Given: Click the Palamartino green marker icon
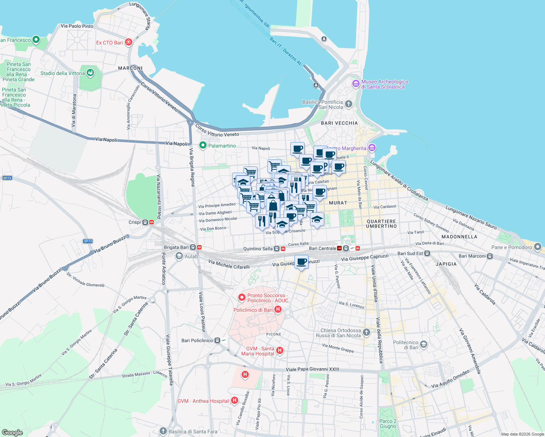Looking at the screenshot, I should click(x=203, y=146).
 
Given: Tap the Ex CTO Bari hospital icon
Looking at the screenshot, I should click(x=128, y=43).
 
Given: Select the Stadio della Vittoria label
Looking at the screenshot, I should click(x=62, y=73).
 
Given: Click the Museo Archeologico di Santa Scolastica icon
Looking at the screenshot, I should click(x=356, y=84).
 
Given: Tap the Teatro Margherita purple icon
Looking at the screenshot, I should click(x=372, y=148).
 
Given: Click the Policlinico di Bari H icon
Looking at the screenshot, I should click(x=278, y=310).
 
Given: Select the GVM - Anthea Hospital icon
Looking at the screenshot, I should click(x=235, y=401).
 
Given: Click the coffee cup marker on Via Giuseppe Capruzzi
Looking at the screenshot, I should click(x=301, y=261).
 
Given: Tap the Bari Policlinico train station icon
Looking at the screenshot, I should click(x=217, y=340).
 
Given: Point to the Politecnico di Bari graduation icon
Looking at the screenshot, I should click(x=423, y=345).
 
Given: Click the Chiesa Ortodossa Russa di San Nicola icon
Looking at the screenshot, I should click(x=366, y=332).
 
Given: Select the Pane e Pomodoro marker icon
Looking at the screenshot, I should click(x=538, y=247).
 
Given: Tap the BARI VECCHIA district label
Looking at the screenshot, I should click(x=339, y=123).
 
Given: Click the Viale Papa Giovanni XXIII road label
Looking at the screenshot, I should click(x=313, y=369).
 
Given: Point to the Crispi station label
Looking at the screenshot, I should click(x=134, y=222).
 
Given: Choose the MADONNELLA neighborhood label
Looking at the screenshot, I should click(x=459, y=237).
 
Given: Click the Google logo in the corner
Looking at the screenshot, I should click(x=12, y=433).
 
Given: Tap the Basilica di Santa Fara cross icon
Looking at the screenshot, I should click(x=163, y=432).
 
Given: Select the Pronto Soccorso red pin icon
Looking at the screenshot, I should click(x=242, y=298).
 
